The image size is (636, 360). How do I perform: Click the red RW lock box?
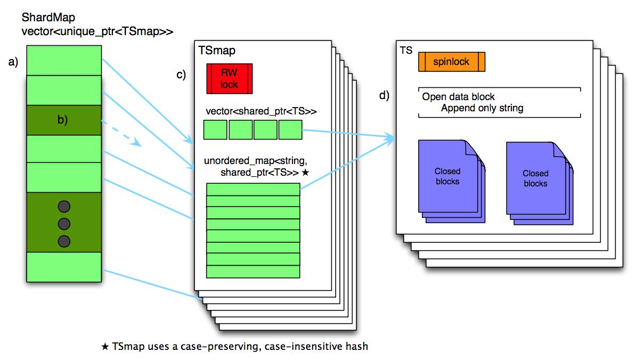pyautogui.click(x=230, y=79)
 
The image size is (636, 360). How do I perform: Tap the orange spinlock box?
pyautogui.click(x=452, y=62)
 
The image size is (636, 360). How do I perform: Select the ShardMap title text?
pyautogui.click(x=48, y=18)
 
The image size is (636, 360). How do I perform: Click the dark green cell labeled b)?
pyautogui.click(x=64, y=120)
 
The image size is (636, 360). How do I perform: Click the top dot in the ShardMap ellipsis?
pyautogui.click(x=64, y=207)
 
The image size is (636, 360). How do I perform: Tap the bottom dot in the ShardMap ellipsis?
pyautogui.click(x=64, y=241)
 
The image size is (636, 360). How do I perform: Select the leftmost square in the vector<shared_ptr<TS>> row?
pyautogui.click(x=215, y=130)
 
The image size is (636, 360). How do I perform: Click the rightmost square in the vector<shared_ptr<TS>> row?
pyautogui.click(x=290, y=130)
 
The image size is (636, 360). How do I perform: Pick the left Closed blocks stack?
pyautogui.click(x=451, y=181)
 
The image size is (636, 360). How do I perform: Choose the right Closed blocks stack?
pyautogui.click(x=540, y=183)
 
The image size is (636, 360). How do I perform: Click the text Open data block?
pyautogui.click(x=458, y=97)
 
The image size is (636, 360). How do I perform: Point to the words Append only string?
pyautogui.click(x=482, y=108)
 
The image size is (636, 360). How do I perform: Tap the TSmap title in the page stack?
pyautogui.click(x=217, y=51)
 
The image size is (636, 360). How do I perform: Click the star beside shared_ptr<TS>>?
pyautogui.click(x=305, y=173)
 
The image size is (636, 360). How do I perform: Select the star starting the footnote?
pyautogui.click(x=105, y=347)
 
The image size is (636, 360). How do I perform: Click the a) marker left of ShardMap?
pyautogui.click(x=13, y=62)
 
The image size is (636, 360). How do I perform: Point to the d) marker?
pyautogui.click(x=384, y=95)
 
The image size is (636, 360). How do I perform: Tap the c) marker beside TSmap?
pyautogui.click(x=181, y=75)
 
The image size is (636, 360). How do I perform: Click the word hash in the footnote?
pyautogui.click(x=357, y=346)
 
